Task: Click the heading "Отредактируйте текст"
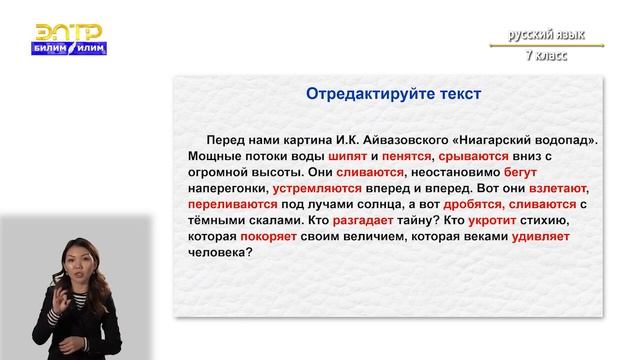click(x=393, y=94)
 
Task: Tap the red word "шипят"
click(x=334, y=157)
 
